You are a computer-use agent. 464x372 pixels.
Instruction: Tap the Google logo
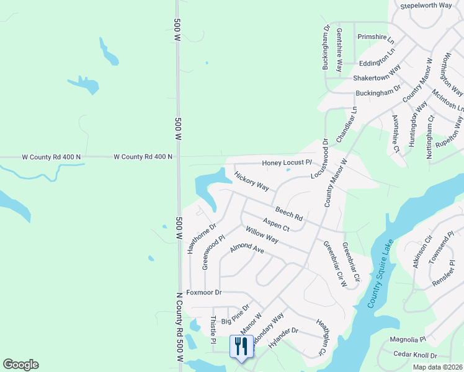[20, 365]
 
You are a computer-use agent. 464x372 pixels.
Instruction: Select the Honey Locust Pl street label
[286, 162]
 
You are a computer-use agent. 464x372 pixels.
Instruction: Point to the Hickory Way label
[252, 182]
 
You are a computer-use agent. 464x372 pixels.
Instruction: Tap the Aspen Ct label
[276, 224]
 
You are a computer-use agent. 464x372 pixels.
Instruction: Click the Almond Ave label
[247, 249]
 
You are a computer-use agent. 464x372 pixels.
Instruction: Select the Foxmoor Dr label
[204, 292]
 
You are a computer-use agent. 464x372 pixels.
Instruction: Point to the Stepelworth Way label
[426, 6]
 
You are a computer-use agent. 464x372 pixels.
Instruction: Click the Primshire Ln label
[376, 37]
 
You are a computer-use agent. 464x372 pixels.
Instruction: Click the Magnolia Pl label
[408, 340]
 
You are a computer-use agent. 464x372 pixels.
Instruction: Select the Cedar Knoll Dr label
[415, 355]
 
